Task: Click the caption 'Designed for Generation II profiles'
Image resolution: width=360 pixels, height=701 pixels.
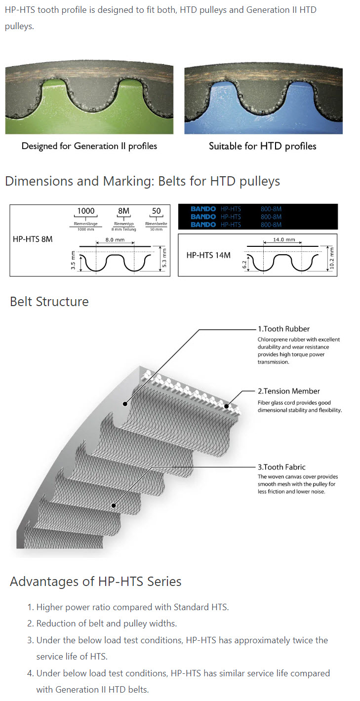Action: coord(89,146)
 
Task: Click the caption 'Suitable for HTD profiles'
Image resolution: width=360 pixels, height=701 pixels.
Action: coord(262,146)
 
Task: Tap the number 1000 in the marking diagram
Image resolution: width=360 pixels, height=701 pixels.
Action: coord(85,211)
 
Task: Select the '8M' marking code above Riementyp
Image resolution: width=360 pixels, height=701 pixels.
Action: coord(123,211)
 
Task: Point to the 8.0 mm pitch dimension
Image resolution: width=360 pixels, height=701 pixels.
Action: coord(114,240)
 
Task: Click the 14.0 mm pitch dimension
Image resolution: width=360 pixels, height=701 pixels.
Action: coord(284,240)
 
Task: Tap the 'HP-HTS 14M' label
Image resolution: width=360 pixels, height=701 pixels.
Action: coord(208,255)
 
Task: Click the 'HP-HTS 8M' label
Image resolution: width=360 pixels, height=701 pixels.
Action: coord(33,239)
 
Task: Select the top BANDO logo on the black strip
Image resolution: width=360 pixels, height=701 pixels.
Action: coord(203,209)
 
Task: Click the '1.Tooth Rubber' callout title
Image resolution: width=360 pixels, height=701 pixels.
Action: coord(283,328)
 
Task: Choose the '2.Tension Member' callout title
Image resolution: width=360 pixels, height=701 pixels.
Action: coord(288,391)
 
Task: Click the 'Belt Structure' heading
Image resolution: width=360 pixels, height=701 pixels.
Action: coord(49,302)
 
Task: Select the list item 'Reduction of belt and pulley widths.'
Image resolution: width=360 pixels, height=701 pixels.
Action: coord(106,623)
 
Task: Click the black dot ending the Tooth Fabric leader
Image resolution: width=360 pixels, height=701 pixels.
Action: coord(114,506)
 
